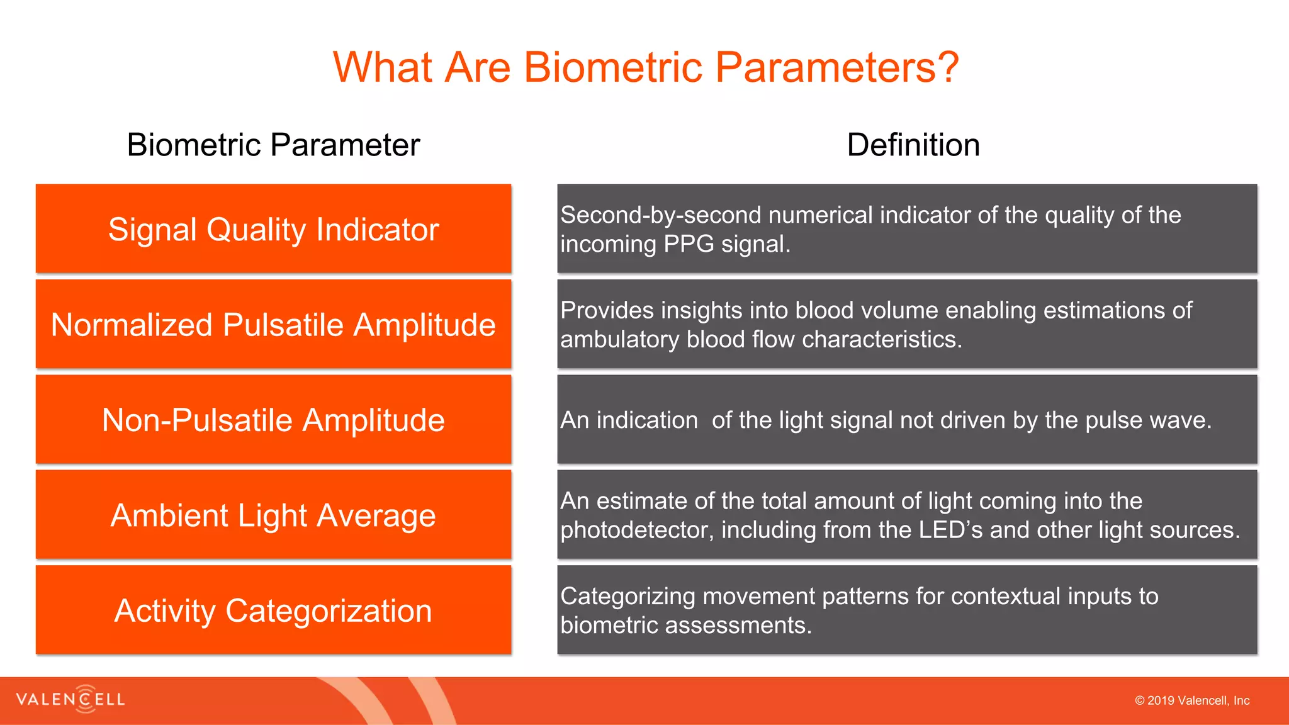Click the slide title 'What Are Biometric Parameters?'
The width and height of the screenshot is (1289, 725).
(646, 67)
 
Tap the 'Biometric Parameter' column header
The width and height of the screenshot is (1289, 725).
(273, 145)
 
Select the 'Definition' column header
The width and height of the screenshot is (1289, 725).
(913, 145)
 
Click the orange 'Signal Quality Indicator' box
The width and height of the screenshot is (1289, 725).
(273, 228)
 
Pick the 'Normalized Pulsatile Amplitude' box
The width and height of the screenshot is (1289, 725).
(273, 324)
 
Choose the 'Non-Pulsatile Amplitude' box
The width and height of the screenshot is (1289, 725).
(273, 419)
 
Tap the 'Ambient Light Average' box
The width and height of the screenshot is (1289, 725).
(273, 515)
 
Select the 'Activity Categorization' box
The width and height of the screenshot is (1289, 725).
(273, 610)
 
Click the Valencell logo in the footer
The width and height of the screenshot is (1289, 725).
(70, 699)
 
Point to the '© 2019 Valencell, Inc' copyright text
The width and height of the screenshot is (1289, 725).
(1192, 700)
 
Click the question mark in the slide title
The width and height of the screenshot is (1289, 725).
(947, 67)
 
